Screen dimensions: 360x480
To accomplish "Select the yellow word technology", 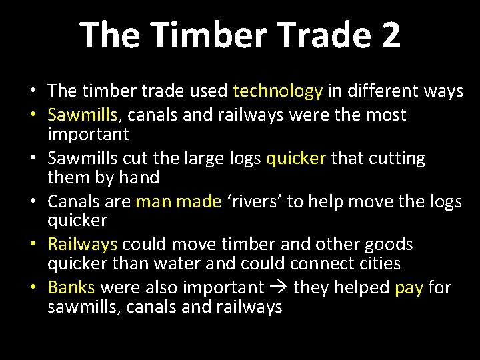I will (x=278, y=91).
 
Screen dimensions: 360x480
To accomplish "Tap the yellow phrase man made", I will (x=178, y=202).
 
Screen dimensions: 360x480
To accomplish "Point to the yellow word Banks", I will (x=73, y=287).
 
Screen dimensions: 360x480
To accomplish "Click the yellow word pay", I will (x=409, y=287).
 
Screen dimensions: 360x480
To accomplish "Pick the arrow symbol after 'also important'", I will (x=279, y=288).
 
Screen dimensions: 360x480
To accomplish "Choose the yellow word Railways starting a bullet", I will (x=83, y=245).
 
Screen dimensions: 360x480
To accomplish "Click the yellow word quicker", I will (x=296, y=159).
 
